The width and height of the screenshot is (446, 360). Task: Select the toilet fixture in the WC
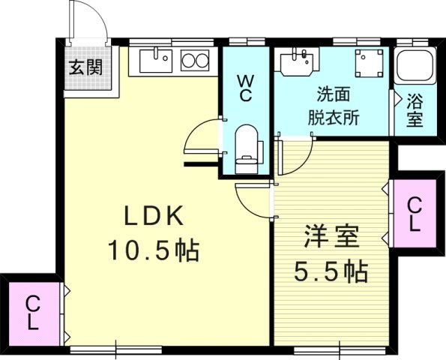[246, 146]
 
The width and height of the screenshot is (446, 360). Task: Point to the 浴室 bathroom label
[415, 109]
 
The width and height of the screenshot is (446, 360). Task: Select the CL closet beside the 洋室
[415, 214]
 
